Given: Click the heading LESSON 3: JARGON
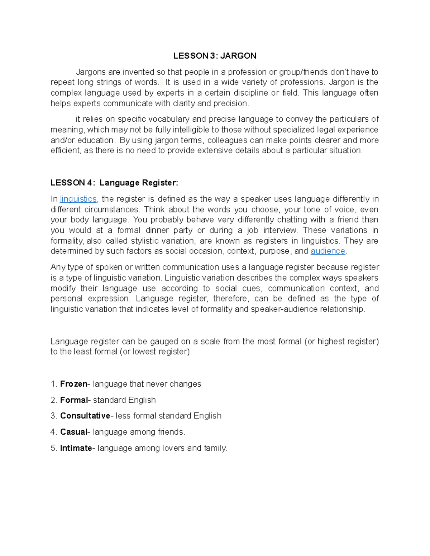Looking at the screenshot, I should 215,56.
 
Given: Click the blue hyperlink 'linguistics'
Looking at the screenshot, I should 78,199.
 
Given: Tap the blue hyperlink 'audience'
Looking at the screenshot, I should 328,251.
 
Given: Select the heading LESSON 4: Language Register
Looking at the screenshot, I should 114,183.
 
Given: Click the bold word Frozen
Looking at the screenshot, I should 73,384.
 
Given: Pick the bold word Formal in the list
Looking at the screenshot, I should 74,400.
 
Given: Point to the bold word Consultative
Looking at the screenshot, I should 85,416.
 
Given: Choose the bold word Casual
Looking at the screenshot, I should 73,432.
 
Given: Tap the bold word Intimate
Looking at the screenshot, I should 76,448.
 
